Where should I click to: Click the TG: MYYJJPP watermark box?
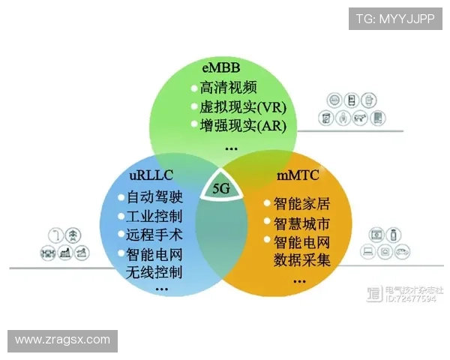pos(394,18)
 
